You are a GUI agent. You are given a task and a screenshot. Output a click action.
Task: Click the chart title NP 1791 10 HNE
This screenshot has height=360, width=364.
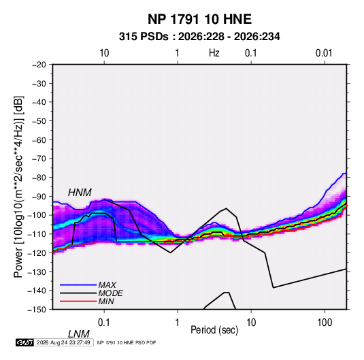(x=199, y=19)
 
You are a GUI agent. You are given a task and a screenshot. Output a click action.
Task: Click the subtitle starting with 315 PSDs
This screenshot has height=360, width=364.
(x=199, y=37)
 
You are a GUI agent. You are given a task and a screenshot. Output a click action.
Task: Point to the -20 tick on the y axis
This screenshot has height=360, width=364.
(x=39, y=65)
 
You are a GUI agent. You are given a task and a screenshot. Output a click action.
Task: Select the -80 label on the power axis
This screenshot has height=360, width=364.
(x=39, y=178)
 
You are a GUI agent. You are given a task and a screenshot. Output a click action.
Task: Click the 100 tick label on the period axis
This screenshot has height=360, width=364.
(x=325, y=323)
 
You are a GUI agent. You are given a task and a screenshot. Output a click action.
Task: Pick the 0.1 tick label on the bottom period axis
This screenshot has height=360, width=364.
(x=104, y=323)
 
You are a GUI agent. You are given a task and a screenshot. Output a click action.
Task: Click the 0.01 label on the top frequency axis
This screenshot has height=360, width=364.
(x=324, y=53)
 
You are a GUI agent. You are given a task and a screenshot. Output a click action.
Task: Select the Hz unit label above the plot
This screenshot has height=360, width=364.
(x=214, y=53)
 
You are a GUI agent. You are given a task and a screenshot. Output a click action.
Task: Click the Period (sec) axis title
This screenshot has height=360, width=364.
(x=214, y=330)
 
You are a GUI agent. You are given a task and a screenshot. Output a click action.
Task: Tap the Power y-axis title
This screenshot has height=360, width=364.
(x=18, y=186)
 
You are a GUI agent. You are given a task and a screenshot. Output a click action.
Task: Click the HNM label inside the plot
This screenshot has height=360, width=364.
(x=80, y=193)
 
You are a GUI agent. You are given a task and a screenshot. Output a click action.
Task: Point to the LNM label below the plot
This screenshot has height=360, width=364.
(x=78, y=334)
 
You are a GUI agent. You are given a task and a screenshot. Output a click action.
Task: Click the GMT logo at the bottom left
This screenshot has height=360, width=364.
(x=25, y=342)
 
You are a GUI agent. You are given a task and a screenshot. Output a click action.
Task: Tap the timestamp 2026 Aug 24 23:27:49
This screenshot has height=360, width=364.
(x=63, y=342)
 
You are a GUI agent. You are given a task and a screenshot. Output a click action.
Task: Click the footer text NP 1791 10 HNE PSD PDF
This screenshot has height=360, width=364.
(x=127, y=342)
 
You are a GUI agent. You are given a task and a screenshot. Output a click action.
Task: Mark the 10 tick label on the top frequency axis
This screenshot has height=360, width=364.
(x=104, y=53)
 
